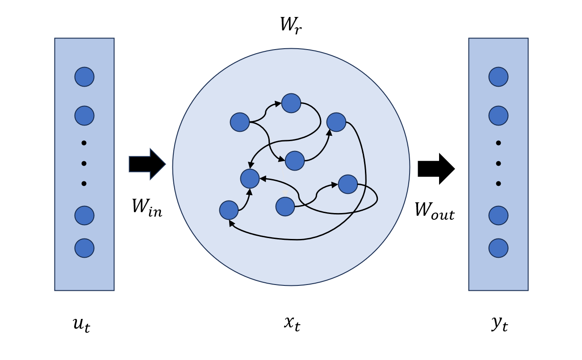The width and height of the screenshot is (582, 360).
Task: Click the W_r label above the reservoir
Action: click(291, 25)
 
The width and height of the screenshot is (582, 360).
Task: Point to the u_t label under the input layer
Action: click(81, 324)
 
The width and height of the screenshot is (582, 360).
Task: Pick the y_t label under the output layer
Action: click(499, 323)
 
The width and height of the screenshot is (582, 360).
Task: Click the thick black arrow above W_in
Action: click(147, 164)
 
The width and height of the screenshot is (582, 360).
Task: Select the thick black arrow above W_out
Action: click(436, 168)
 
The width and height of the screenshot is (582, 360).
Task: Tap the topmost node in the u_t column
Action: click(84, 77)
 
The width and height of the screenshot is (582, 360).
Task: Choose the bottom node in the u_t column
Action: click(84, 248)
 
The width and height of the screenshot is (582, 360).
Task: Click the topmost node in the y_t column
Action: click(498, 77)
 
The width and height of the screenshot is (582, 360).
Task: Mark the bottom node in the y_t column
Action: click(498, 248)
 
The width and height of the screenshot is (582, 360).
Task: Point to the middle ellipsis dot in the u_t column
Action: click(84, 163)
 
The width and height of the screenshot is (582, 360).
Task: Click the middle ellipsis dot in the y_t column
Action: click(498, 163)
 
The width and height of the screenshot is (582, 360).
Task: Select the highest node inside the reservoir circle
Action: click(291, 103)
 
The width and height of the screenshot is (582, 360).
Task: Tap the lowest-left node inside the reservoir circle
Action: click(229, 210)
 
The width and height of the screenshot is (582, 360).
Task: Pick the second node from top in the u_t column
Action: click(84, 116)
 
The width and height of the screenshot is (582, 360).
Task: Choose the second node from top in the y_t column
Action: click(498, 116)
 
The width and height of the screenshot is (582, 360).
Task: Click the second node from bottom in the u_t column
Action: click(84, 216)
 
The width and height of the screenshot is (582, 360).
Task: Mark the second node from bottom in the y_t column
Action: click(498, 216)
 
